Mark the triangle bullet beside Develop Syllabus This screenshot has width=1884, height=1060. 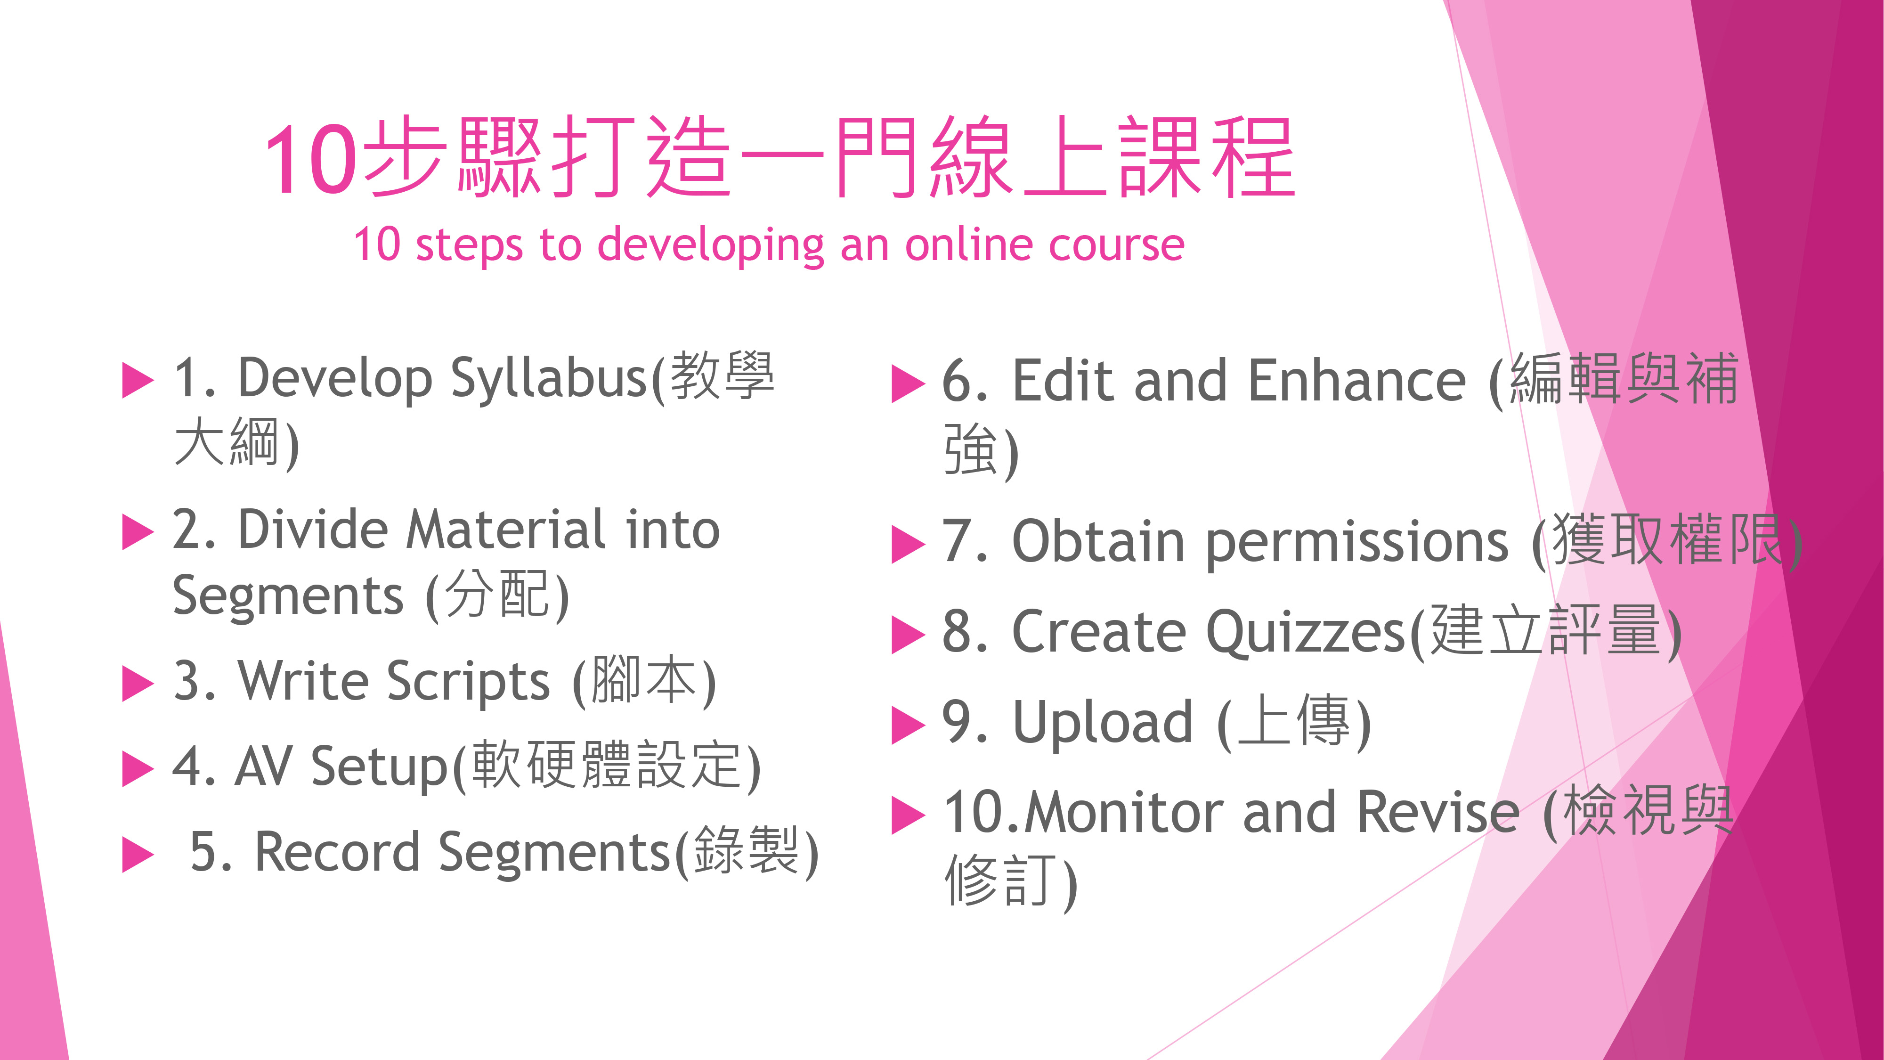click(138, 380)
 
